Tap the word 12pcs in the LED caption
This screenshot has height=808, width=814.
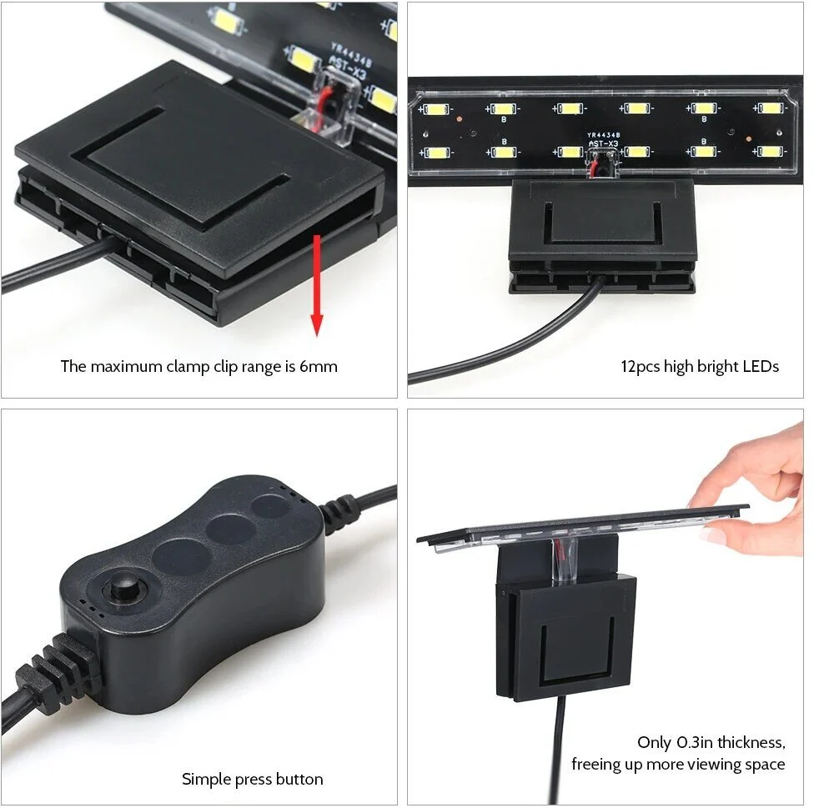[641, 366]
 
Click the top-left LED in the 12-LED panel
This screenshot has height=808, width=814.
[434, 108]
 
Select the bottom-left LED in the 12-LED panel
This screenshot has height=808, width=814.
[434, 152]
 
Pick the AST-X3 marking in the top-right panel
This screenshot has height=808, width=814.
[602, 143]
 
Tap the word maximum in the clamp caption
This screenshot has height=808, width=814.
[123, 366]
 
